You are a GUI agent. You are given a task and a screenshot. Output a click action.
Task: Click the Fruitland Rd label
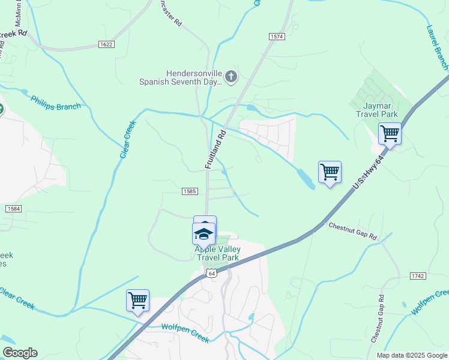tap(215, 149)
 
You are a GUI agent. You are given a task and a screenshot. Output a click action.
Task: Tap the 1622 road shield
tap(106, 45)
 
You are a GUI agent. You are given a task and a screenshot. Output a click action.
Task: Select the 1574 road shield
tap(276, 37)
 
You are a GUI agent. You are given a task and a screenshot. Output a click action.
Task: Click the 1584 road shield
tap(13, 208)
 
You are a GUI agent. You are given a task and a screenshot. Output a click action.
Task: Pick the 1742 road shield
tap(418, 275)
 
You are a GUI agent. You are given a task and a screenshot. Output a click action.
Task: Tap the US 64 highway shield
tap(210, 273)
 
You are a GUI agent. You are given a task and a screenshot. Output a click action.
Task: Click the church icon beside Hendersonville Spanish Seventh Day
tap(231, 77)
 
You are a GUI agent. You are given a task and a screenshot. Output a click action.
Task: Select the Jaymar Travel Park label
tap(376, 109)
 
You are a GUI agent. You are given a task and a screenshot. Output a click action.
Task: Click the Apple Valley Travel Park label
tap(217, 253)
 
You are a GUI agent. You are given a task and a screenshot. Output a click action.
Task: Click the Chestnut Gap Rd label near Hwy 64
tap(352, 231)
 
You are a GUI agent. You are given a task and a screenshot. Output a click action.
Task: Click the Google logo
tap(20, 353)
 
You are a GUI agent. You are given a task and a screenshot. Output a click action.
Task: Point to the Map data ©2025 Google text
tap(412, 355)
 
